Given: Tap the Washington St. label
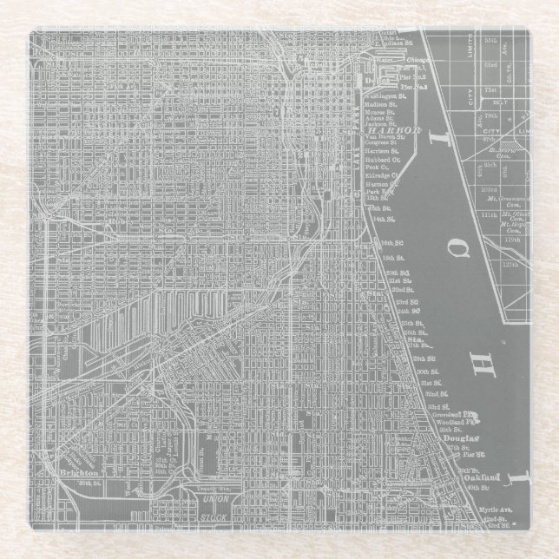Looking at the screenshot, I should click(x=383, y=95).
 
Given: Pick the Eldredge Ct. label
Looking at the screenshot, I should click(x=383, y=175).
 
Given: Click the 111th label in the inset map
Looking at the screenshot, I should click(x=489, y=214).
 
